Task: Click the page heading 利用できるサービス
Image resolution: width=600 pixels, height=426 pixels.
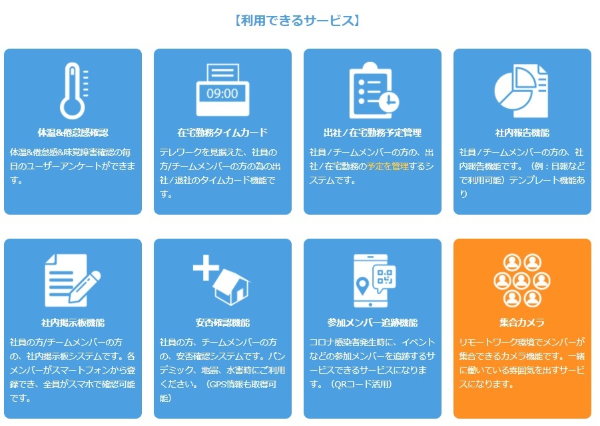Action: tap(297, 20)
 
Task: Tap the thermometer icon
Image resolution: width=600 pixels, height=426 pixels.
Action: tap(73, 91)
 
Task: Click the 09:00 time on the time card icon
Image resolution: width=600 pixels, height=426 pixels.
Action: tap(222, 93)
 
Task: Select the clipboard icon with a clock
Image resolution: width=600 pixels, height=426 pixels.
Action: tap(374, 91)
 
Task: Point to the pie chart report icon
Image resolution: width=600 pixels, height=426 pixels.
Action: tap(521, 91)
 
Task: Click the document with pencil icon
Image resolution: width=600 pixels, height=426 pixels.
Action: tap(73, 280)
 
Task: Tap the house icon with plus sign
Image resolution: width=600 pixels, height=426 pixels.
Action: tap(222, 279)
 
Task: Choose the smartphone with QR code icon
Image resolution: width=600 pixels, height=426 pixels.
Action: tap(374, 281)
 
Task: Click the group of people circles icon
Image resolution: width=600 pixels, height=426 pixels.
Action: tap(522, 281)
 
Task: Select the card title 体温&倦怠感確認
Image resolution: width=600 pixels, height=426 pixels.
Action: tap(73, 133)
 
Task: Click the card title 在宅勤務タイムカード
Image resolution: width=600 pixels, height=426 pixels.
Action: tap(222, 133)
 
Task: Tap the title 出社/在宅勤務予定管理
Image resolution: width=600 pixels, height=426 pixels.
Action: tap(372, 133)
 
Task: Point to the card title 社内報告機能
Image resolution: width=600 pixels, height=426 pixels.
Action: tap(522, 133)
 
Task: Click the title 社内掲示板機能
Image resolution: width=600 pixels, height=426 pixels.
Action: tap(73, 323)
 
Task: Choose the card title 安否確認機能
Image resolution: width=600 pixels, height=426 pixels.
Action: tap(222, 323)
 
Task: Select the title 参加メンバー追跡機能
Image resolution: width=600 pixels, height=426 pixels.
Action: tap(372, 323)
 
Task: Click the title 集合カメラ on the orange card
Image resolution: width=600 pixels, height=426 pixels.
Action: tap(522, 323)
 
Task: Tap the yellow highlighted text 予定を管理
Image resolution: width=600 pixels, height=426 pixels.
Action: tap(388, 166)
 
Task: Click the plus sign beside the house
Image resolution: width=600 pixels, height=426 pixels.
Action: tap(206, 267)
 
